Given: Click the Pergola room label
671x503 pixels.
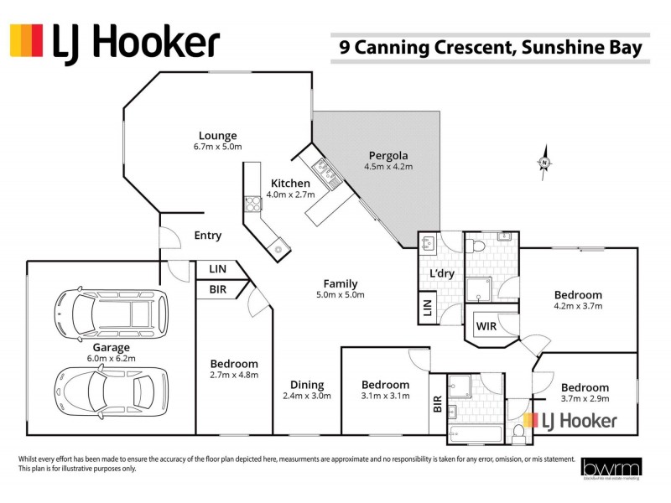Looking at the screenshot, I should [x=388, y=155].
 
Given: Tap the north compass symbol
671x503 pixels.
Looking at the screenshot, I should [x=544, y=163].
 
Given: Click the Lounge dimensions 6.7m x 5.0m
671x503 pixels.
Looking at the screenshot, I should [x=217, y=147].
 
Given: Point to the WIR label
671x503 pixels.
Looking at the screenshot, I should [x=487, y=325].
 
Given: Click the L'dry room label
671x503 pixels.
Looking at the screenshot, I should [x=442, y=274].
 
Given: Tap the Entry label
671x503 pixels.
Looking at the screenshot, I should [x=207, y=236].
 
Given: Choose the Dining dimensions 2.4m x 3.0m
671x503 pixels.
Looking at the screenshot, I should [x=306, y=396].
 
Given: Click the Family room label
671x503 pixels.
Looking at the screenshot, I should [x=341, y=283].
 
